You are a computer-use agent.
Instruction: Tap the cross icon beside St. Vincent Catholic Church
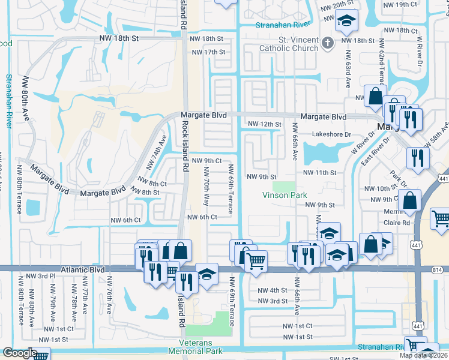327,42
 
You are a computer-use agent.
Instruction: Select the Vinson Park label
285,195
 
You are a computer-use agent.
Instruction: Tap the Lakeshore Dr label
331,135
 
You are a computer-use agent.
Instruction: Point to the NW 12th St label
265,124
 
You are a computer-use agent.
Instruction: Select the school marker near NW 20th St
346,22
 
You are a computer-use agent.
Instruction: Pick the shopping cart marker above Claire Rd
441,218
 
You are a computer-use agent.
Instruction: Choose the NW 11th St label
321,173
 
